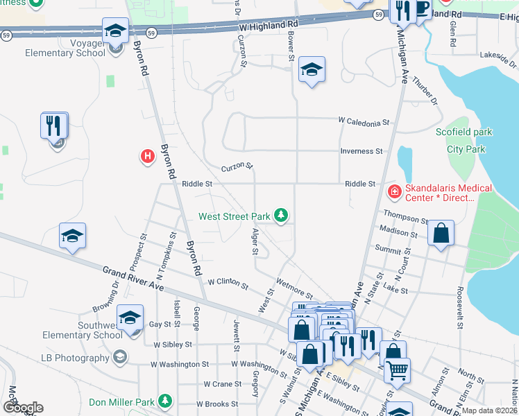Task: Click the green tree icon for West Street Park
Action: pyautogui.click(x=281, y=216)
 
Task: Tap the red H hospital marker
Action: pyautogui.click(x=147, y=157)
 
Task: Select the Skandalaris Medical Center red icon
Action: pyautogui.click(x=394, y=190)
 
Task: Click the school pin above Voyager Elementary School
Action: pyautogui.click(x=115, y=31)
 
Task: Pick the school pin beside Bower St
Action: pyautogui.click(x=312, y=70)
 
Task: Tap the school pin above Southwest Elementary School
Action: pyautogui.click(x=130, y=318)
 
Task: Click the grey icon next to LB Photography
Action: pyautogui.click(x=119, y=358)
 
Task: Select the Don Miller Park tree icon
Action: pyautogui.click(x=164, y=401)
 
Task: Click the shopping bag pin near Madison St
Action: pyautogui.click(x=441, y=234)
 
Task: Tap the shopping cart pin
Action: pyautogui.click(x=397, y=371)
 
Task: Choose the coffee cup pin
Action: pyautogui.click(x=420, y=8)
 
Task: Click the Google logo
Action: pyautogui.click(x=23, y=408)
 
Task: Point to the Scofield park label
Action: pyautogui.click(x=463, y=132)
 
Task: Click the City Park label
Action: pyautogui.click(x=466, y=149)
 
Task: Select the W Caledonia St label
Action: pyautogui.click(x=364, y=123)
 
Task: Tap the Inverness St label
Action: pyautogui.click(x=361, y=151)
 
